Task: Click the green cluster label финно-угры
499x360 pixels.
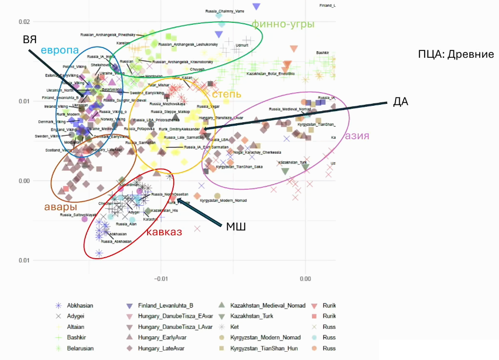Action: click(x=283, y=24)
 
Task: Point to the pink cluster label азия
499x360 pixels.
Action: click(x=358, y=136)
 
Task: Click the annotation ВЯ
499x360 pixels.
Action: click(x=30, y=40)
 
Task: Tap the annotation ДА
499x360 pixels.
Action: click(x=400, y=102)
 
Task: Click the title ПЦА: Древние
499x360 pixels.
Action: click(x=456, y=54)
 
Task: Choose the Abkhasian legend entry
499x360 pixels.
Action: click(x=80, y=306)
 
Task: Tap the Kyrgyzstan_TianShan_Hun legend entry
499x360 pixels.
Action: click(x=264, y=348)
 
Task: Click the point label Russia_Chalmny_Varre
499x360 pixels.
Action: click(x=225, y=11)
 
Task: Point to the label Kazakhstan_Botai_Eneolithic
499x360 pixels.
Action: click(x=270, y=74)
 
